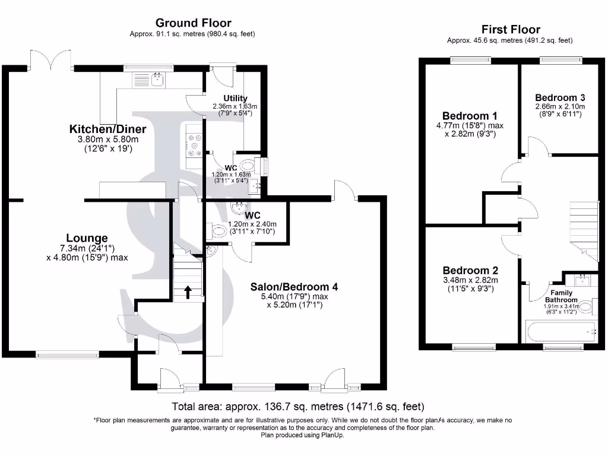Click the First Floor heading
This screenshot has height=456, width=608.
(x=511, y=30)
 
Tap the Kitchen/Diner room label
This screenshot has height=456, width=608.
(x=107, y=129)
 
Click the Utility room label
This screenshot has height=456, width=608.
(x=235, y=98)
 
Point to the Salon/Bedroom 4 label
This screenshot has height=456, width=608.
(x=294, y=286)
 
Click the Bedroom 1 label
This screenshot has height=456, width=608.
(x=470, y=116)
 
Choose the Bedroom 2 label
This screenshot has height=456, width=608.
(x=470, y=270)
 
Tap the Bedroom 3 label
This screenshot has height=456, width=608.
(x=560, y=97)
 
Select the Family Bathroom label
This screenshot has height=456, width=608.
(x=562, y=296)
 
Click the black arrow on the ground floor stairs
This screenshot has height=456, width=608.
(x=188, y=292)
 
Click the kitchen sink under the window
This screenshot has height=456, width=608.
(x=157, y=80)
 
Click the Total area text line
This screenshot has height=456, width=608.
(x=298, y=407)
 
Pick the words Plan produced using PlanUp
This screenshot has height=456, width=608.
(x=302, y=435)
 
